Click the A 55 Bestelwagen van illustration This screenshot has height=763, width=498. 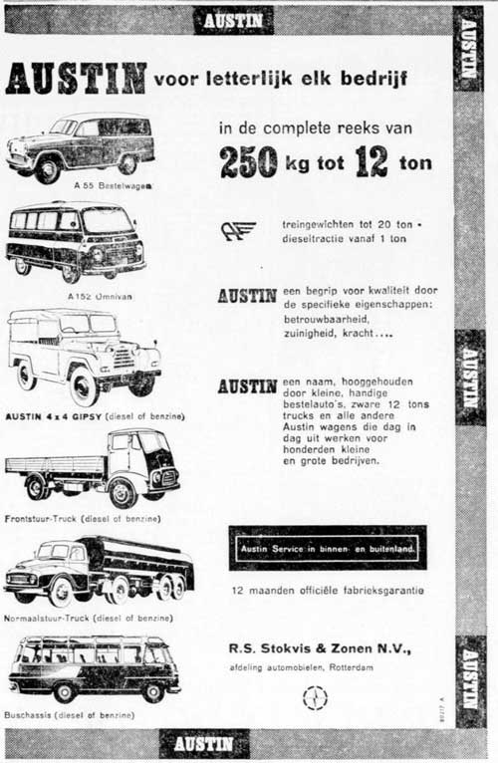click(x=80, y=147)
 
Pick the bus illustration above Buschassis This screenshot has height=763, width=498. click(x=95, y=667)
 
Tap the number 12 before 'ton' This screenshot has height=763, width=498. click(x=371, y=161)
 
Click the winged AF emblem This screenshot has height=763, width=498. click(x=239, y=231)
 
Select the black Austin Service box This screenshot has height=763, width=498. click(x=327, y=548)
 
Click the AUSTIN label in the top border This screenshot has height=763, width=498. click(x=233, y=19)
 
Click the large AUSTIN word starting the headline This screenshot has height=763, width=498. click(x=76, y=78)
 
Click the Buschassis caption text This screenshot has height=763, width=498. click(x=70, y=715)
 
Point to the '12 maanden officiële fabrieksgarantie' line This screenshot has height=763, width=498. click(x=327, y=591)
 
